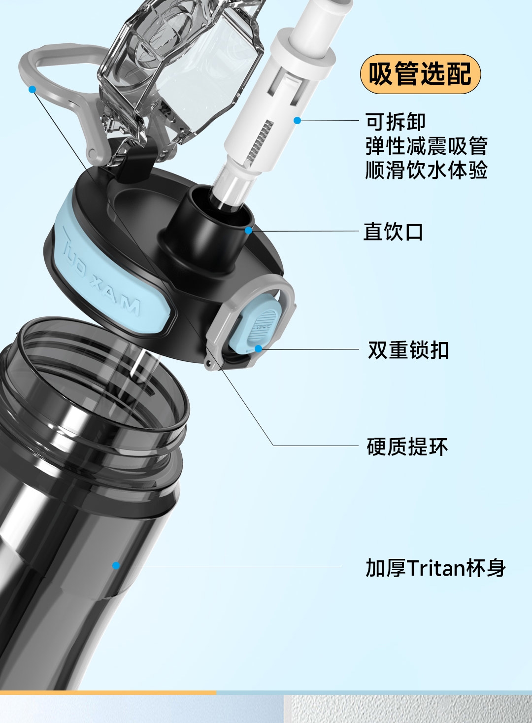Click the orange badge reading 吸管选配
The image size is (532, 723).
420,74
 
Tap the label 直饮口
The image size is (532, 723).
393,232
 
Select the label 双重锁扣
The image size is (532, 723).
408,350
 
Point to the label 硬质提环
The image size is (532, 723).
407,447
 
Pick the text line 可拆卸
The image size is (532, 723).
396,121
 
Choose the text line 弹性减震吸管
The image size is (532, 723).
426,146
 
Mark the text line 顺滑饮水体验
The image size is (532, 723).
426,170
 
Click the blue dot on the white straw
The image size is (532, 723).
297,120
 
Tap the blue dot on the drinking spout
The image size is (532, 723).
248,231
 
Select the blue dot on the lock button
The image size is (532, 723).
259,348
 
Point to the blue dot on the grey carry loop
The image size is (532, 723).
32,89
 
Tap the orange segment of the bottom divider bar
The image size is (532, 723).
108,693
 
